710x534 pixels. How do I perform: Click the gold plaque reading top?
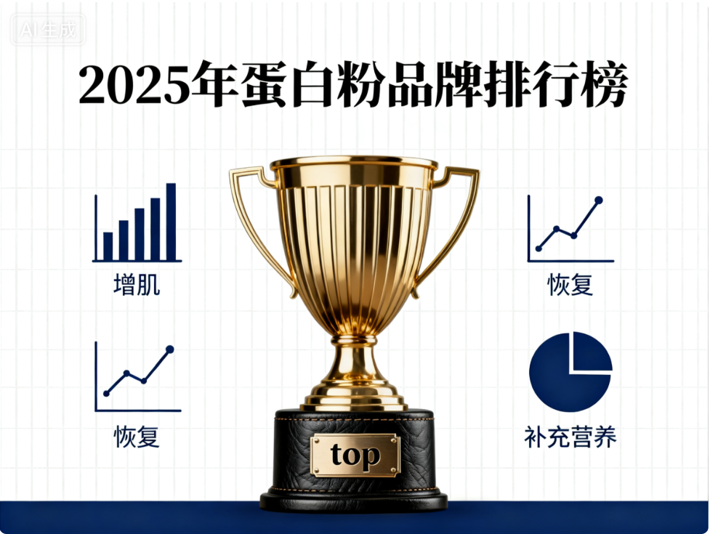355,456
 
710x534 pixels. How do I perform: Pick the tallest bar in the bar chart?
171,222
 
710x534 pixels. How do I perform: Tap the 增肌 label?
137,285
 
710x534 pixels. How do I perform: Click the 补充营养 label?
570,437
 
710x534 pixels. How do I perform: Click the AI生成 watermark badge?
49,31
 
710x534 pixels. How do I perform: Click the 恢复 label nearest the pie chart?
570,285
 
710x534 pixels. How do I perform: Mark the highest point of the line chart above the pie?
599,199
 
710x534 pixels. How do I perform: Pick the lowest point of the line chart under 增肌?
107,393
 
